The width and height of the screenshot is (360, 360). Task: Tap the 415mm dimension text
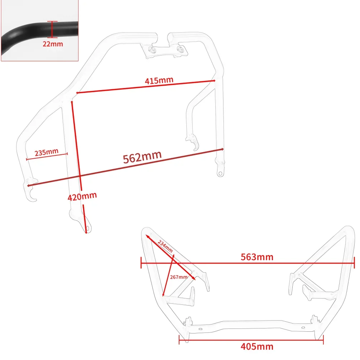pos(159,80)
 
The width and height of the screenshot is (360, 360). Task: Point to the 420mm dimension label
pos(82,196)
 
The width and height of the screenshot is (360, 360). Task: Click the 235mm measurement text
pos(46,152)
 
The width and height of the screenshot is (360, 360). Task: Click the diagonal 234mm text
pos(165,245)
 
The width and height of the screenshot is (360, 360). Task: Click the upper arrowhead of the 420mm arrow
pos(73,102)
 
